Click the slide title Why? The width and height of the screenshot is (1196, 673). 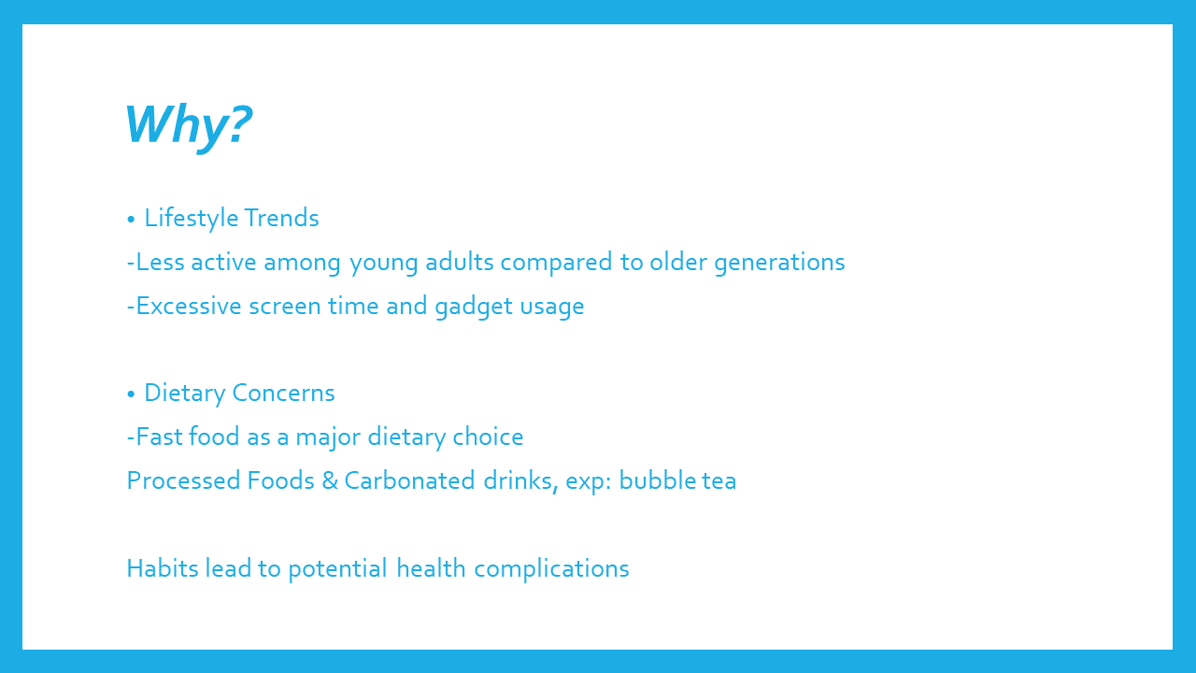click(x=188, y=126)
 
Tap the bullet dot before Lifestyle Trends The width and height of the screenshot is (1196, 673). click(x=132, y=219)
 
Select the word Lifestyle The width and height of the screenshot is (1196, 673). click(x=192, y=219)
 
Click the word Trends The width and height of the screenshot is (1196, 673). click(x=281, y=218)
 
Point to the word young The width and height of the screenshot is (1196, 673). click(x=383, y=264)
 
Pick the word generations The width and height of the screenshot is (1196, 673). click(x=779, y=264)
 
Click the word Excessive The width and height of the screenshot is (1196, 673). click(x=189, y=306)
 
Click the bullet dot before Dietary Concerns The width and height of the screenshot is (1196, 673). click(x=132, y=394)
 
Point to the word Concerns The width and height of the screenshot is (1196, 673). click(x=283, y=394)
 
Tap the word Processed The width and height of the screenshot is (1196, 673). click(x=183, y=480)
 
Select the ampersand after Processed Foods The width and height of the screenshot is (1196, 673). click(x=330, y=480)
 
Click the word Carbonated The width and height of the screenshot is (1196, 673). click(x=409, y=480)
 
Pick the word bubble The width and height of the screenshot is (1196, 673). click(x=658, y=480)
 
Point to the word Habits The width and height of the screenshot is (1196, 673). click(x=163, y=568)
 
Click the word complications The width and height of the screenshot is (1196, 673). click(x=551, y=569)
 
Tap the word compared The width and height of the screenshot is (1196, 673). click(x=556, y=264)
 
